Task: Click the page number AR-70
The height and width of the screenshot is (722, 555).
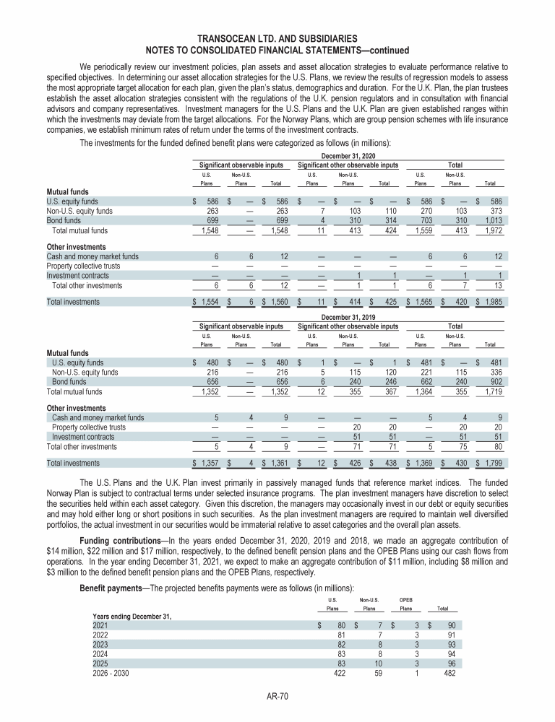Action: (277, 696)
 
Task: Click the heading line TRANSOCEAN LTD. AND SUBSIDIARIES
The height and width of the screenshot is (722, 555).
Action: (277, 38)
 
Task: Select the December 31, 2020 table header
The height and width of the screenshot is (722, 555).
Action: (349, 155)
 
